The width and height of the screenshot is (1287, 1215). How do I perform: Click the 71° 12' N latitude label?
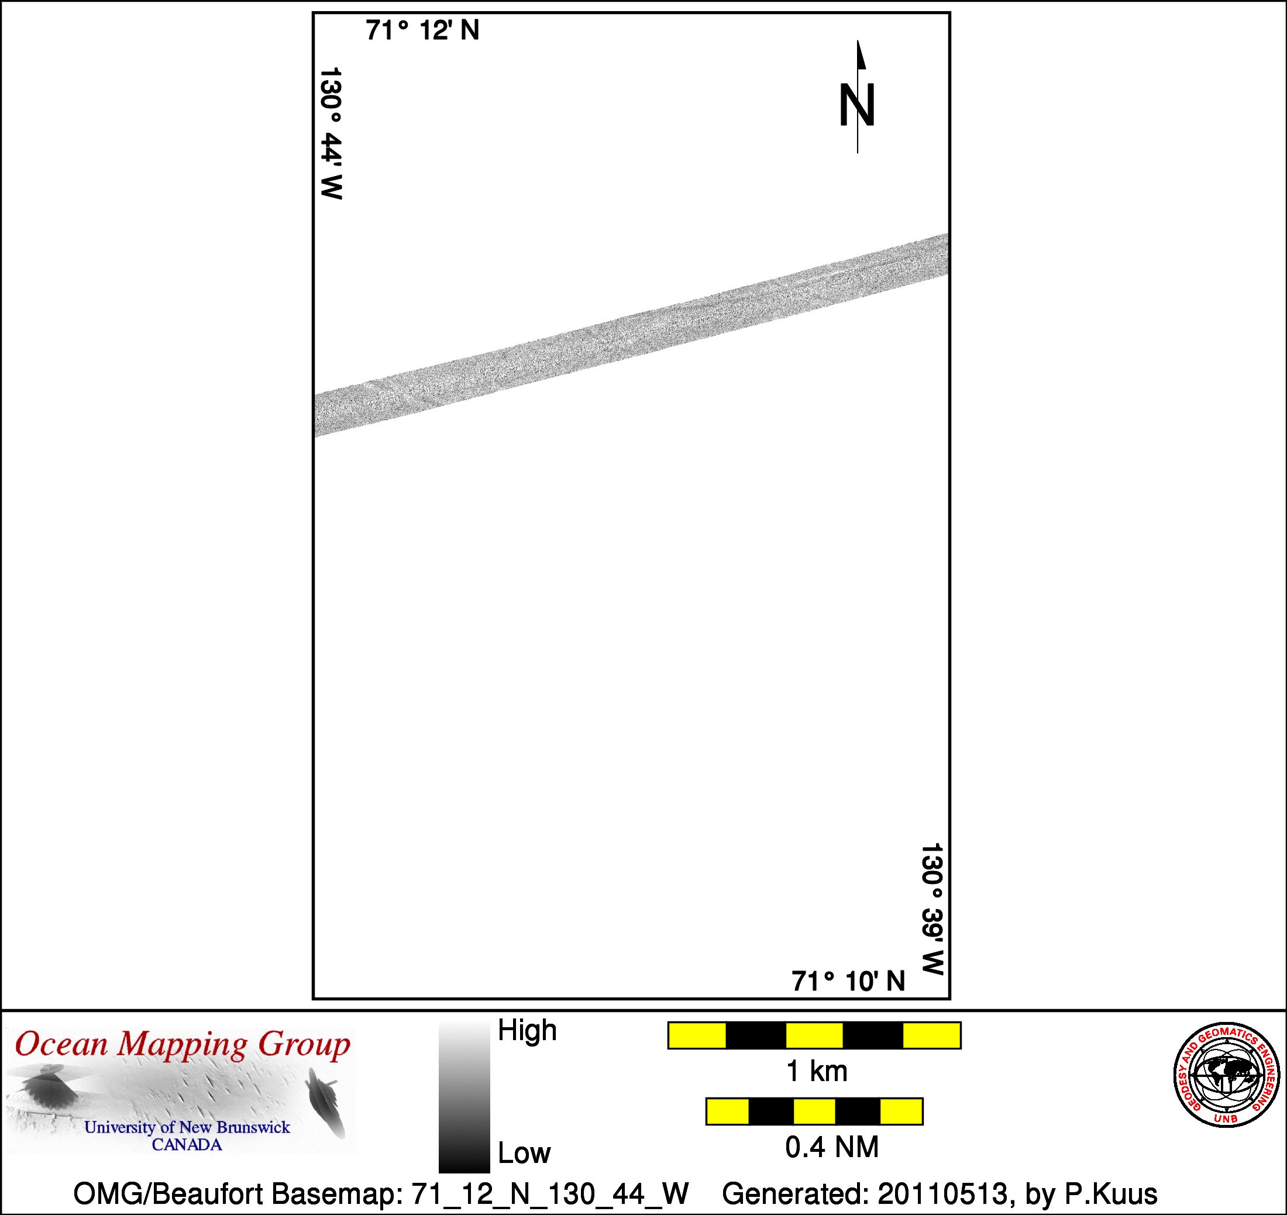pyautogui.click(x=422, y=30)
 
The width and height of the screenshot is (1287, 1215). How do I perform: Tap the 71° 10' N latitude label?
pyautogui.click(x=848, y=981)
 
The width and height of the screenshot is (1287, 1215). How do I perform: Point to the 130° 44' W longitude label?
pyautogui.click(x=331, y=133)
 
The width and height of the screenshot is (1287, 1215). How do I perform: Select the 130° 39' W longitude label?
pyautogui.click(x=932, y=908)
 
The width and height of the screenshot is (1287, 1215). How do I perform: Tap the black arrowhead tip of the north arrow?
pyautogui.click(x=858, y=41)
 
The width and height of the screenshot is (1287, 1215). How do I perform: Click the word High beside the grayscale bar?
pyautogui.click(x=527, y=1030)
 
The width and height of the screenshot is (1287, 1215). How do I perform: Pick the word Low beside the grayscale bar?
pyautogui.click(x=524, y=1153)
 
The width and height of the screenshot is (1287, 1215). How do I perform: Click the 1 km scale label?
pyautogui.click(x=816, y=1071)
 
